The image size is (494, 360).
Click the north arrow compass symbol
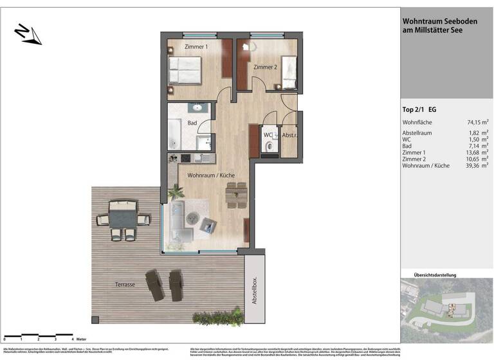point(28,34)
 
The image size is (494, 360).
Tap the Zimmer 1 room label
point(196,47)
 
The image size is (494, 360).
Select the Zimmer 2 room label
point(265,67)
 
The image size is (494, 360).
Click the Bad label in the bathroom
point(192,122)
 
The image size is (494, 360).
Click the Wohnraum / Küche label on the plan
point(210,175)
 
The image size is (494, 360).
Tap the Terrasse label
point(122,284)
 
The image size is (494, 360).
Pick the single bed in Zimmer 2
point(288,73)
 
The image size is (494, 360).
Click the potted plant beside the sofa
point(175,192)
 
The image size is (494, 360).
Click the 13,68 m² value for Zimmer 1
point(477,152)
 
